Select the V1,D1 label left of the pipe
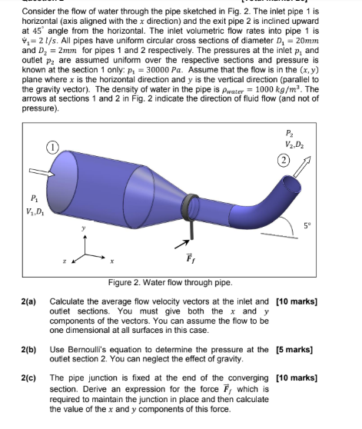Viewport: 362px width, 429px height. click(35, 212)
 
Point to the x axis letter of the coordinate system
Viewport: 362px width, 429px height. click(111, 259)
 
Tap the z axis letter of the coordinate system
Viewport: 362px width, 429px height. click(63, 261)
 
